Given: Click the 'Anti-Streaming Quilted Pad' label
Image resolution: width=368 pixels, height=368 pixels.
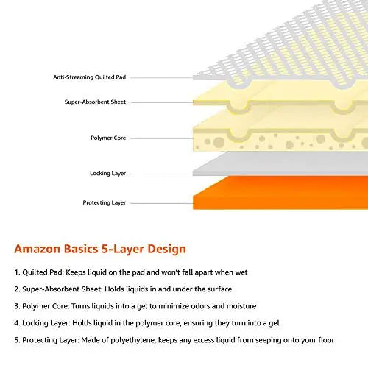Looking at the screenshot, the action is (90, 77).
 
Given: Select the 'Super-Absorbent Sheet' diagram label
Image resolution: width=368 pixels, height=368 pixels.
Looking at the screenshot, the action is (95, 102).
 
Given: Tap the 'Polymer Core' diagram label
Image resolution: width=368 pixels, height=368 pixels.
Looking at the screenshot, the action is (108, 138).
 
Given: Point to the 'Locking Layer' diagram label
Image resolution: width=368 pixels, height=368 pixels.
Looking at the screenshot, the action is (108, 174).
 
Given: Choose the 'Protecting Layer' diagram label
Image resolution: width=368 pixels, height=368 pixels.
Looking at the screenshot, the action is (105, 202).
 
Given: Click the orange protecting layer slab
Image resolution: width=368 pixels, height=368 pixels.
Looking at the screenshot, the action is (280, 193).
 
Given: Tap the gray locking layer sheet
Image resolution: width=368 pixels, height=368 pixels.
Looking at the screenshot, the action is (280, 163).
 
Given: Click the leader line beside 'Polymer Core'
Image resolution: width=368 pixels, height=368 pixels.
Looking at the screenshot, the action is (162, 138).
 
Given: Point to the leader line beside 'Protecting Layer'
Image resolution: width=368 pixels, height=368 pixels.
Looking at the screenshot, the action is (162, 203).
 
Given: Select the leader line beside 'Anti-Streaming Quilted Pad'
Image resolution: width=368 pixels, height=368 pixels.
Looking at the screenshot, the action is (162, 78).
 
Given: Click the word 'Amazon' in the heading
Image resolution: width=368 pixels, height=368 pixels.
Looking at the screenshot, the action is (38, 249).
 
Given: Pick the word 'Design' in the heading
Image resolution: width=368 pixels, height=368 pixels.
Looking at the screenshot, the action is (166, 250).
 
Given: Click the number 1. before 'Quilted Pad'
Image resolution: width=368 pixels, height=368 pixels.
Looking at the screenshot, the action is (17, 272).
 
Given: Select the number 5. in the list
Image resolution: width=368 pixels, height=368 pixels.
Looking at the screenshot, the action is (17, 340).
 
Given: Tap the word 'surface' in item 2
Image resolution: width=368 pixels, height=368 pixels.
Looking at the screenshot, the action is (219, 289).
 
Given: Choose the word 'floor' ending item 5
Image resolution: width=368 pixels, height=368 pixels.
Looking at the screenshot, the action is (326, 340).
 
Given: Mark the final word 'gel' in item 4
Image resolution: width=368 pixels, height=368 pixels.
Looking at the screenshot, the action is (274, 323).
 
